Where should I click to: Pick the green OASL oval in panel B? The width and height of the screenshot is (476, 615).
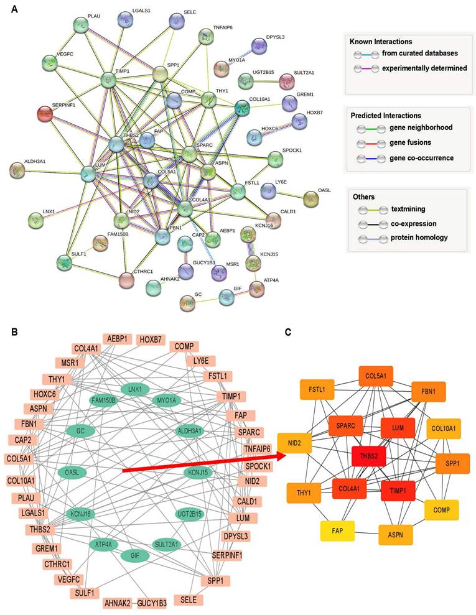pyautogui.click(x=72, y=473)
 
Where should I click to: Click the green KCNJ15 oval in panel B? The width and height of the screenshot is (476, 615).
pyautogui.click(x=200, y=472)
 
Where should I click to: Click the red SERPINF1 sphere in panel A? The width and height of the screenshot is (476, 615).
pyautogui.click(x=45, y=114)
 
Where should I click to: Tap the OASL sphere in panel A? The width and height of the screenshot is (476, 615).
pyautogui.click(x=310, y=199)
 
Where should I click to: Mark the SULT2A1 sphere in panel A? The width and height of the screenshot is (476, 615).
pyautogui.click(x=287, y=81)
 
